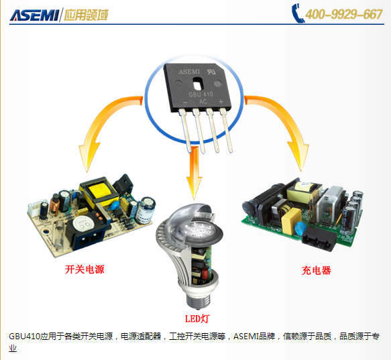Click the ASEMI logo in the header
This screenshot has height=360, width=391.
click(34, 15)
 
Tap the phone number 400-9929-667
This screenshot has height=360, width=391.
click(344, 14)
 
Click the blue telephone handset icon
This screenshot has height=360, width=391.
click(298, 13)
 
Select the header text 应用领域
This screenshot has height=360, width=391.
click(86, 15)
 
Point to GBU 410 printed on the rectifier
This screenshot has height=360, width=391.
click(201, 95)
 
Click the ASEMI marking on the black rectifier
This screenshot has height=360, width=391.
click(189, 72)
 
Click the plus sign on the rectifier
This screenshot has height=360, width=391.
click(221, 102)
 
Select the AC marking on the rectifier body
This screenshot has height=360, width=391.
click(203, 102)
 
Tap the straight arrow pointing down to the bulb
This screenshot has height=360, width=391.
click(194, 173)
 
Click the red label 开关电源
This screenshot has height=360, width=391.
click(85, 269)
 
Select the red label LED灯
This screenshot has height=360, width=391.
click(197, 318)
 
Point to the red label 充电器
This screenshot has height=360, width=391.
click(316, 270)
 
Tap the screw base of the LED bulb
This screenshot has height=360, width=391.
click(197, 299)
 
